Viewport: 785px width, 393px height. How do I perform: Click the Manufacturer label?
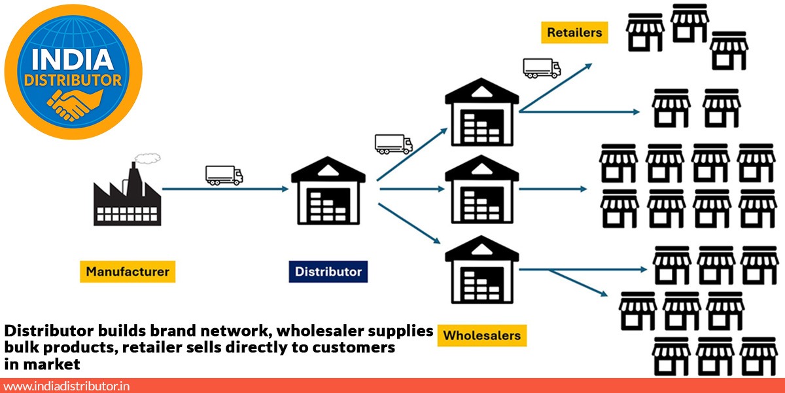pos(127,271)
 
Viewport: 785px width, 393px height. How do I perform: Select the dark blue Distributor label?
pos(328,271)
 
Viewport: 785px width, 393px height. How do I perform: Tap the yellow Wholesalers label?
pos(481,335)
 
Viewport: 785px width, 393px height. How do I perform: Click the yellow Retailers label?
pos(574,31)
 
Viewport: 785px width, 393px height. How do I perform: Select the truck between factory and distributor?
pos(224,175)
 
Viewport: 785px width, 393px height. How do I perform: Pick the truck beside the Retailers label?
pos(542,67)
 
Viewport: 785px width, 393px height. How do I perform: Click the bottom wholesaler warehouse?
pos(482,272)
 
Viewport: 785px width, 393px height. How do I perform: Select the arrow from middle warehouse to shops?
pos(553,189)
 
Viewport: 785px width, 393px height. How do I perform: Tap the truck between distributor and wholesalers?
pos(393,144)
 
